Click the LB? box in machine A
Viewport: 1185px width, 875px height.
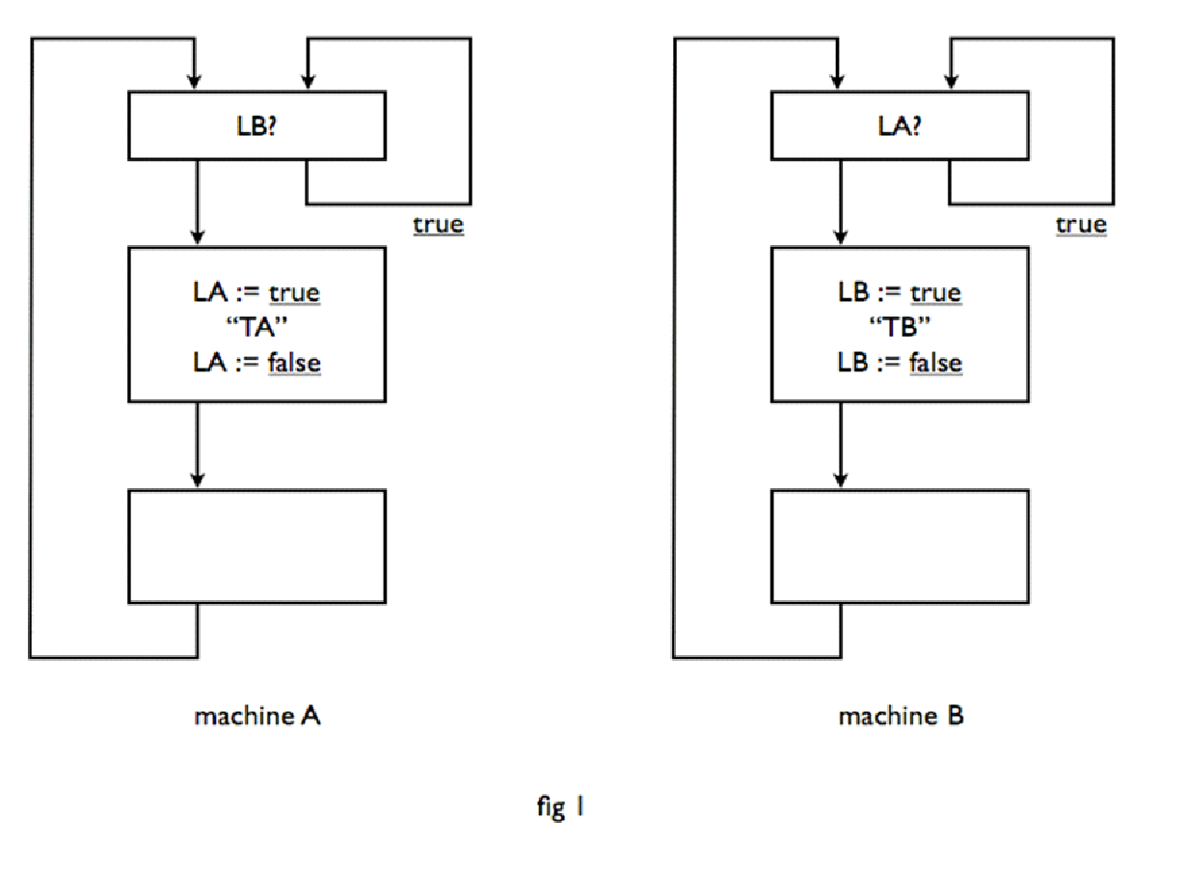tap(256, 126)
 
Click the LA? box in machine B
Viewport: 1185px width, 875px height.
tap(900, 126)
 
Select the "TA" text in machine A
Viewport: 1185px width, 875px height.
tap(256, 326)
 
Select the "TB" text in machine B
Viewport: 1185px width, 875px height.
tap(899, 326)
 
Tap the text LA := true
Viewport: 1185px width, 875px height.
tap(256, 292)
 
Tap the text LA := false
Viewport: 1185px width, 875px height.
tap(256, 362)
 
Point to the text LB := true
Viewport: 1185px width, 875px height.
tap(899, 292)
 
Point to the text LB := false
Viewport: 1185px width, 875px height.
tap(899, 362)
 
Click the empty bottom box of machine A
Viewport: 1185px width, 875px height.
tap(256, 546)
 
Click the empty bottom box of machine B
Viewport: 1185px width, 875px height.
tap(900, 546)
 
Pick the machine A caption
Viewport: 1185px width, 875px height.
tap(256, 717)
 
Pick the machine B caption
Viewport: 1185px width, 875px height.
tap(901, 717)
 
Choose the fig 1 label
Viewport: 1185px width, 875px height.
tap(560, 807)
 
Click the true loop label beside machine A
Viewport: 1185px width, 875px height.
tap(438, 225)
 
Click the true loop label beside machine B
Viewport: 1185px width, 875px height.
tap(1081, 225)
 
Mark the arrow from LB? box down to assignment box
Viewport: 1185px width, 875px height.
tap(197, 203)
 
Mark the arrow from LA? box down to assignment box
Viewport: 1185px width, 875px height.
tap(840, 203)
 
